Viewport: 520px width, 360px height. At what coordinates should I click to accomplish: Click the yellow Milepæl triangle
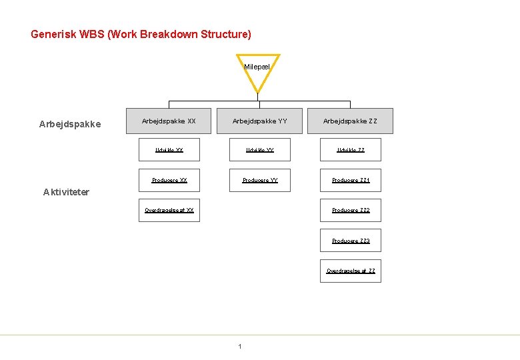[x=257, y=71]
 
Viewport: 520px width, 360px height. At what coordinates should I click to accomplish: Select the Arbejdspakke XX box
[x=169, y=121]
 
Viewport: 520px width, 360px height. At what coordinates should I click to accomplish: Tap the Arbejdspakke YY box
[x=260, y=121]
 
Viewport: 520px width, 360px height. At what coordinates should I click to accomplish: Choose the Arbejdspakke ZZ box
[x=350, y=121]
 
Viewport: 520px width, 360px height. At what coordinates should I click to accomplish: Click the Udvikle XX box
[x=169, y=150]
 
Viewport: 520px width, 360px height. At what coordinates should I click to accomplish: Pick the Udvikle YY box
[x=260, y=150]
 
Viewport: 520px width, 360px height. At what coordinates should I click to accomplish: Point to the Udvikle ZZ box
[x=351, y=150]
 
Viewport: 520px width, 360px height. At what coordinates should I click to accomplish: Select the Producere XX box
[x=169, y=180]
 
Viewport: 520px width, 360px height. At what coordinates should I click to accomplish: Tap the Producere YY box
[x=260, y=180]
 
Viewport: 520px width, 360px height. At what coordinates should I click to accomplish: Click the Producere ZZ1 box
[x=351, y=180]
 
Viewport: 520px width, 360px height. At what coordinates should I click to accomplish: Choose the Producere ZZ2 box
[x=351, y=210]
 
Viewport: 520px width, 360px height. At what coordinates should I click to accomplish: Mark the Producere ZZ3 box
[x=351, y=241]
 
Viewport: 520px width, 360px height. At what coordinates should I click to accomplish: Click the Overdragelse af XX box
[x=169, y=210]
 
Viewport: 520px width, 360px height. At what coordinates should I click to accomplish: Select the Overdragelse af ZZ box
[x=351, y=271]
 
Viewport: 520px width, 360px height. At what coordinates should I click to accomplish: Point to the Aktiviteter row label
[x=66, y=192]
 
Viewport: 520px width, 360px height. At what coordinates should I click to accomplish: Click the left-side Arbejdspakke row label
[x=70, y=124]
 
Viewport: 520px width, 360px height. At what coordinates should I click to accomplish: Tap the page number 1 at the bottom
[x=240, y=346]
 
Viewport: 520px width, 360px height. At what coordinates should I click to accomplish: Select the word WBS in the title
[x=93, y=34]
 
